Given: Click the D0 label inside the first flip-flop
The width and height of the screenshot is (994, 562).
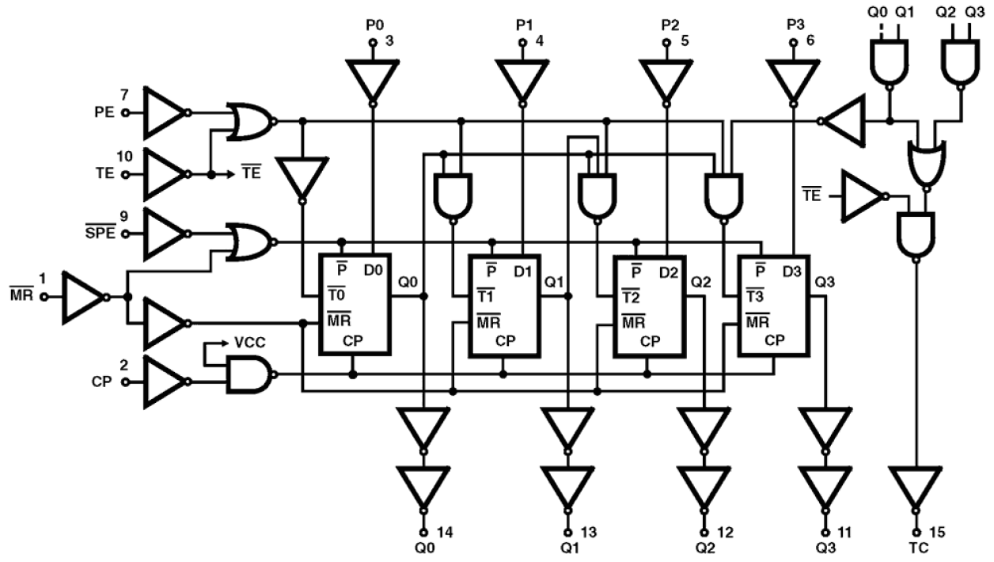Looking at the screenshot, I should tap(374, 271).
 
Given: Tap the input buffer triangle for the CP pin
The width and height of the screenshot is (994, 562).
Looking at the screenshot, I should tap(162, 382).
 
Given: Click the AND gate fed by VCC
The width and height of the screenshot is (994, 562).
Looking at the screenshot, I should tap(247, 374).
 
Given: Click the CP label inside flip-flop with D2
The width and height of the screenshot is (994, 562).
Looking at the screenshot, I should tap(650, 341).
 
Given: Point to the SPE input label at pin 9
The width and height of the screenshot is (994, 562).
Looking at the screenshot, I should tap(101, 233).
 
